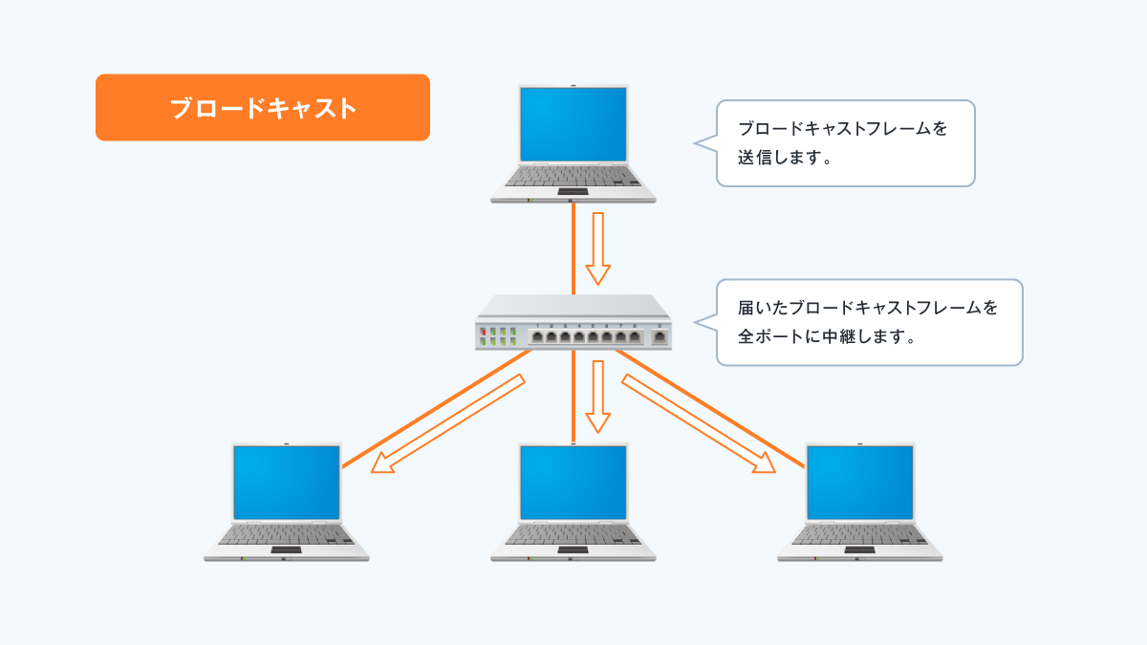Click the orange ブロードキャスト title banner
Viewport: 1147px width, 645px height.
pyautogui.click(x=262, y=108)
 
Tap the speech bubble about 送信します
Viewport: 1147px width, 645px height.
pyautogui.click(x=845, y=143)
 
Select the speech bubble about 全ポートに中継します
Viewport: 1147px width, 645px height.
pyautogui.click(x=869, y=322)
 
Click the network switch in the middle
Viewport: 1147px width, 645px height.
pyautogui.click(x=573, y=323)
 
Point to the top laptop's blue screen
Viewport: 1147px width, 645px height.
pyautogui.click(x=573, y=124)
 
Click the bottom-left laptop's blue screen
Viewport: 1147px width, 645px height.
pyautogui.click(x=287, y=482)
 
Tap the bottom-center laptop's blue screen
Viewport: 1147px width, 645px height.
pyautogui.click(x=573, y=482)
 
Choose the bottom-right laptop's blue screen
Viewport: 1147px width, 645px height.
pyautogui.click(x=860, y=482)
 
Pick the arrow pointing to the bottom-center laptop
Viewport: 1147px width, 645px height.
pyautogui.click(x=598, y=396)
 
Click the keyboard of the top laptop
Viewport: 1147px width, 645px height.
pyautogui.click(x=573, y=178)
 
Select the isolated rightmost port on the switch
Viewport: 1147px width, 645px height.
pyautogui.click(x=660, y=336)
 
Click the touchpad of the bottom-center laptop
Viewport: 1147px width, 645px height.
pyautogui.click(x=573, y=550)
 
